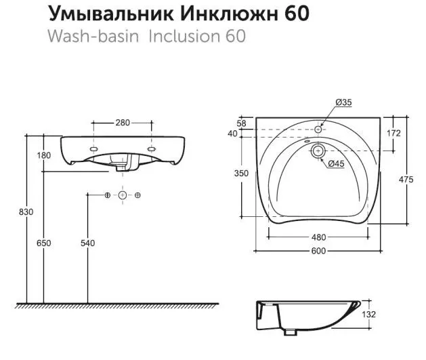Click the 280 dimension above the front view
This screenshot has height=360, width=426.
tap(123, 123)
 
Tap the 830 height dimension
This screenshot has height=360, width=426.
tap(26, 212)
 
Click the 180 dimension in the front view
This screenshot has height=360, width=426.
tap(45, 156)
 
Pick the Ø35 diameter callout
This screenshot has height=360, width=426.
tap(344, 103)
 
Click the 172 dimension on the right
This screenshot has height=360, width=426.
tap(393, 133)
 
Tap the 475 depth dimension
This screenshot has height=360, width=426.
tap(406, 179)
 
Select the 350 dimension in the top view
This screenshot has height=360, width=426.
tap(242, 174)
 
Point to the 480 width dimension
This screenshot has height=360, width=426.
tap(318, 237)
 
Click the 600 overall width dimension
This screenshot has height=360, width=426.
tap(318, 251)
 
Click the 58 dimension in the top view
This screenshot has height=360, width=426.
tap(242, 123)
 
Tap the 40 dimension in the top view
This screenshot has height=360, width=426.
tap(242, 134)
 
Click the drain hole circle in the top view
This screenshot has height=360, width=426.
tap(318, 152)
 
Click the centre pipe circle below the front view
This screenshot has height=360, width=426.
tap(123, 195)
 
